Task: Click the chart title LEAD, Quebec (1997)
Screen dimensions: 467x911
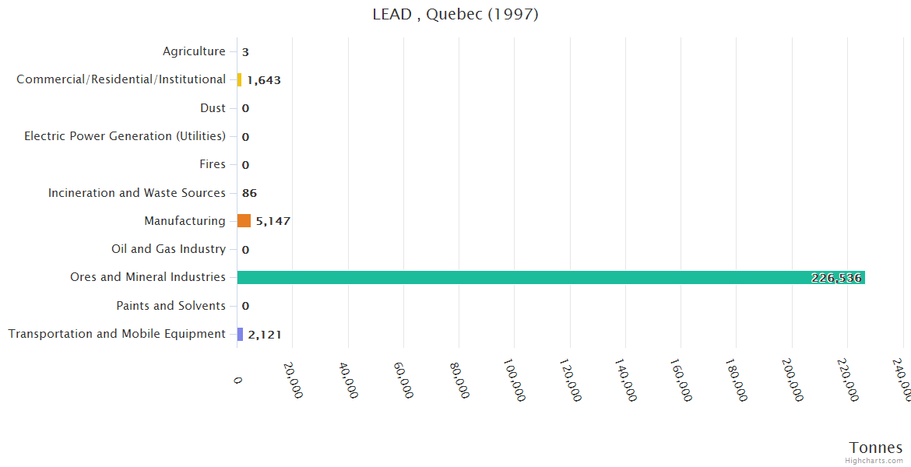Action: coord(455,15)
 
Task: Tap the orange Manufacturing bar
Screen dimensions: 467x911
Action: coord(244,221)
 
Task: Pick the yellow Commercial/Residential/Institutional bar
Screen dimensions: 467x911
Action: coord(239,79)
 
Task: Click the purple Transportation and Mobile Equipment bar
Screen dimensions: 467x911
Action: coord(240,334)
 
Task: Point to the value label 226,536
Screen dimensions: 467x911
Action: coord(836,278)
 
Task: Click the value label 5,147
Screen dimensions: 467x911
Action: coord(273,221)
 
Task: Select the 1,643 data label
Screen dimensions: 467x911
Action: coord(264,80)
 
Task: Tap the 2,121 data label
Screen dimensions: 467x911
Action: coord(265,335)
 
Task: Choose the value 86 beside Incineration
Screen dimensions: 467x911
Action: coord(249,193)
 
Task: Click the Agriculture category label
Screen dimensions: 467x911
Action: coord(194,51)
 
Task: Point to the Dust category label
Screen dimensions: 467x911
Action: coord(213,108)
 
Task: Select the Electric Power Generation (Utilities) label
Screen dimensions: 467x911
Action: coord(125,136)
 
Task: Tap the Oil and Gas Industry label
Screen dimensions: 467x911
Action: coord(168,249)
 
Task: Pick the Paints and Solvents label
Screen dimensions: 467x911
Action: coord(171,306)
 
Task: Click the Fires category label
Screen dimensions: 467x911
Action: coord(213,164)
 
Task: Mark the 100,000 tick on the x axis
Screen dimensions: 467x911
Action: coord(514,380)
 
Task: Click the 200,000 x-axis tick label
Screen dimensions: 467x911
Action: coord(792,380)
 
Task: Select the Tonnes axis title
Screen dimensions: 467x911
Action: coord(876,448)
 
